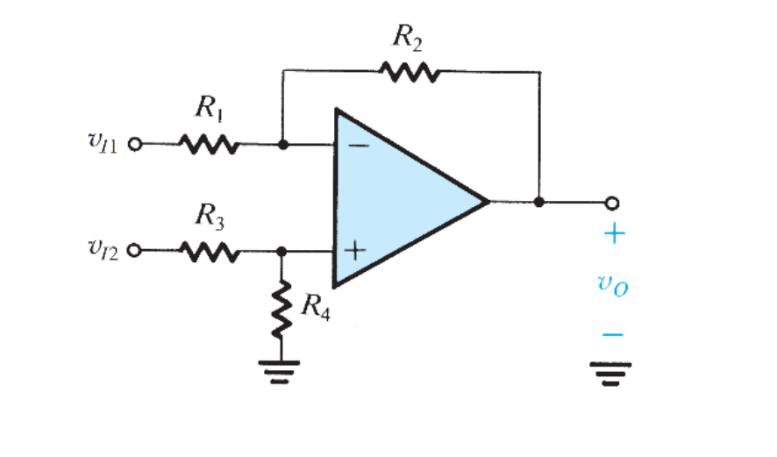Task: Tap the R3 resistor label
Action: pyautogui.click(x=210, y=215)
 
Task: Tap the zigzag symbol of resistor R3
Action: pyautogui.click(x=209, y=252)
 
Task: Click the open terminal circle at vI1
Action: pyautogui.click(x=135, y=145)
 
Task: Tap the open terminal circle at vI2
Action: pyautogui.click(x=135, y=252)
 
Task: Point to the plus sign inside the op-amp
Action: pyautogui.click(x=354, y=251)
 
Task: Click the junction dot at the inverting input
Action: pyautogui.click(x=282, y=145)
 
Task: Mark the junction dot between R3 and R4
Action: pyautogui.click(x=282, y=252)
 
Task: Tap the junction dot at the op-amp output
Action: pyautogui.click(x=538, y=202)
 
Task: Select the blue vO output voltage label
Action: pyautogui.click(x=612, y=286)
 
